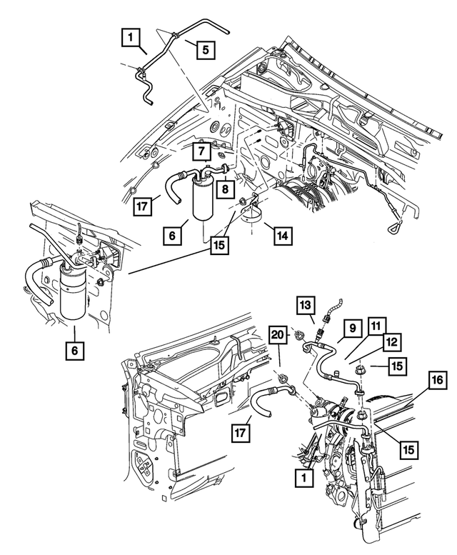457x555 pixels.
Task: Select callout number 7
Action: tap(202, 151)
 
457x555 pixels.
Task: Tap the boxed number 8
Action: tap(224, 190)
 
